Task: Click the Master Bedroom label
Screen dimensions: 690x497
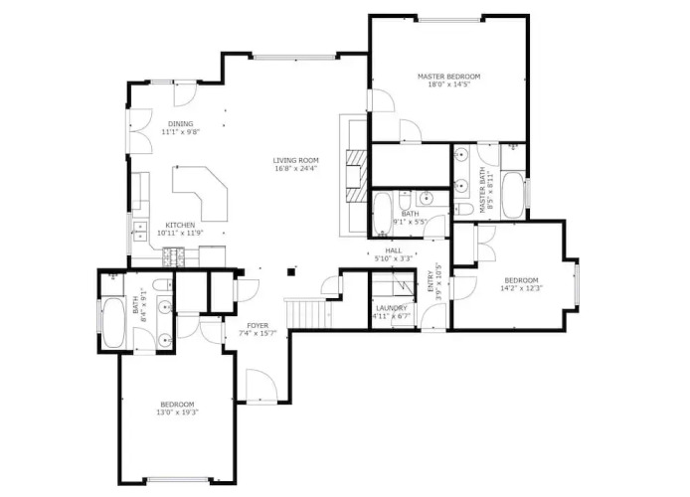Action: click(448, 77)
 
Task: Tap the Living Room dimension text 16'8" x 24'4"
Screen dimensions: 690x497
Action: click(295, 168)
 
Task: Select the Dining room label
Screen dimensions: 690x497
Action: click(180, 123)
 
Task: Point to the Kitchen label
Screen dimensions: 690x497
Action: click(180, 226)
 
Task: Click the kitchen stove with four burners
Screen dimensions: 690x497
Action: click(174, 257)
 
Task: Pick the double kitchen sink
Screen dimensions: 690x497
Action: click(140, 232)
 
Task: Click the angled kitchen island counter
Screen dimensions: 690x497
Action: click(200, 193)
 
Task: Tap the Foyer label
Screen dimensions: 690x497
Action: click(258, 325)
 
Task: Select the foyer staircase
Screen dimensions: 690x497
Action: click(309, 313)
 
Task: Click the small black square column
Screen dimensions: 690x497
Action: click(291, 272)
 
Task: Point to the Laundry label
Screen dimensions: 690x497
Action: click(391, 308)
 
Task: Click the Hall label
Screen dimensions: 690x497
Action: click(393, 250)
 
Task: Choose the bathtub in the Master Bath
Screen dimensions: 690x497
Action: click(513, 195)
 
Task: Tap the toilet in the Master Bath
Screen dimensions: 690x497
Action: click(463, 208)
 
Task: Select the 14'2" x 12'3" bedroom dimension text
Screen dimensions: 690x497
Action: click(521, 288)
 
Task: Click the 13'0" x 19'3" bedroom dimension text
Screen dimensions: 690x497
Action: click(177, 413)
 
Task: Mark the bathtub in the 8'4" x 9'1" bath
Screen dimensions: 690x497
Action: click(114, 323)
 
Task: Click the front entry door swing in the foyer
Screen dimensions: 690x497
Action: click(261, 386)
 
